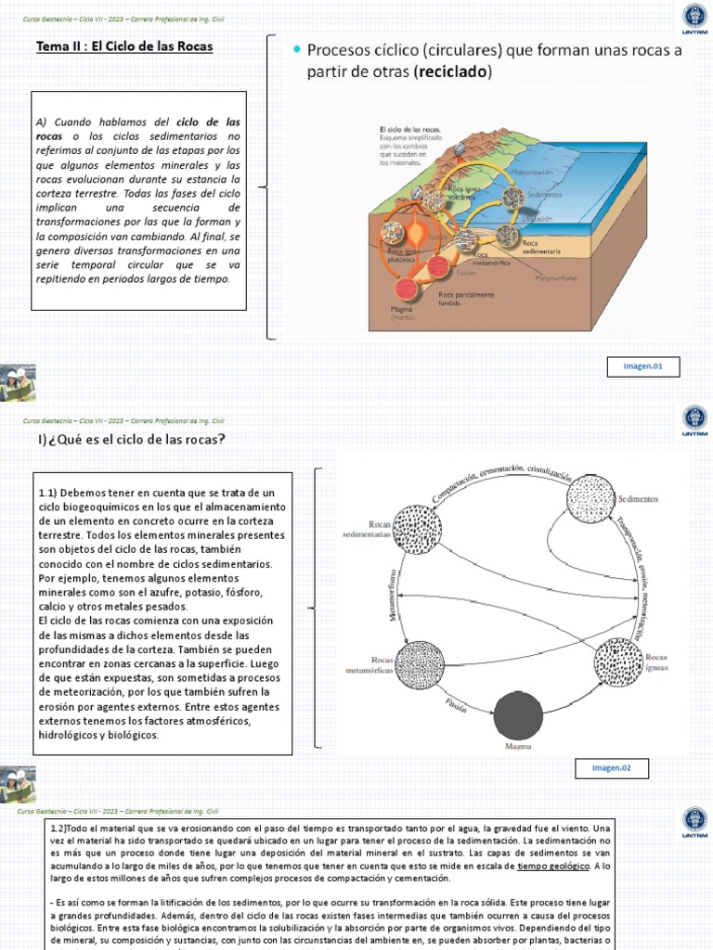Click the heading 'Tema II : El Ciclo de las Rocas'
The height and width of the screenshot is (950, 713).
click(124, 45)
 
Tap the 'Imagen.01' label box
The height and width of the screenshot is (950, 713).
click(643, 367)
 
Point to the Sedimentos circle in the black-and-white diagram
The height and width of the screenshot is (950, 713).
click(590, 498)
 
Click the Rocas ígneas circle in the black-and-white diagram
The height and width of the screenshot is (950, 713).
click(618, 661)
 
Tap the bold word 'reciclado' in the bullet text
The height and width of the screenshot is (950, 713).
click(448, 71)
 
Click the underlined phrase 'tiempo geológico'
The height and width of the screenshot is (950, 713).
click(552, 866)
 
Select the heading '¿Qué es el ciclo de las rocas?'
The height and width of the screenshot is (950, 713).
click(136, 439)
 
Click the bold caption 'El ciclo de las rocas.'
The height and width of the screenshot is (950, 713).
click(409, 129)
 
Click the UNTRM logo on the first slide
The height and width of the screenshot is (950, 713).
click(693, 19)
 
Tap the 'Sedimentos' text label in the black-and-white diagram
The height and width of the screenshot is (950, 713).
click(637, 498)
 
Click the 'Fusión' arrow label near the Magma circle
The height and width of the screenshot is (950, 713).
click(455, 705)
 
